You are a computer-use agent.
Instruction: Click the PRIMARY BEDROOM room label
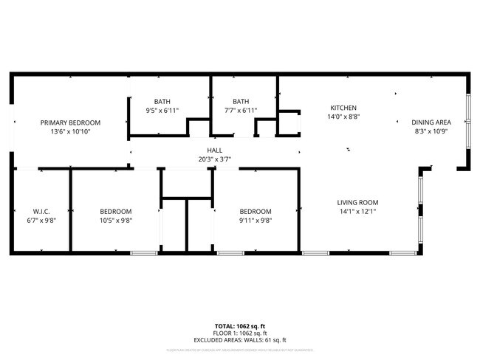point(70,122)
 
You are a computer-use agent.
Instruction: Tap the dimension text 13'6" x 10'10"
point(70,131)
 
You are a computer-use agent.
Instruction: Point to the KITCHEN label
point(343,107)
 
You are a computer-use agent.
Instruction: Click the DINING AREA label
point(431,122)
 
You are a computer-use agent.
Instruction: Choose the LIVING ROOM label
point(357,202)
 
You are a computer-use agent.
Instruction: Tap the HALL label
point(215,150)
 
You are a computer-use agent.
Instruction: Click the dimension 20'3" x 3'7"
point(215,159)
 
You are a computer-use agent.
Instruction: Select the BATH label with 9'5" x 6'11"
point(162,102)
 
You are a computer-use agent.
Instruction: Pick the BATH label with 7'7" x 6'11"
point(241,102)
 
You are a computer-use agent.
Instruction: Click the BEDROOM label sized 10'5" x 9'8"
point(116,211)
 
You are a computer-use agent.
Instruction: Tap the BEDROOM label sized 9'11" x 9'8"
point(255,211)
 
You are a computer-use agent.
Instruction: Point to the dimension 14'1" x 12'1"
point(357,211)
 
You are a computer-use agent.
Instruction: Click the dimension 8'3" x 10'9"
point(431,131)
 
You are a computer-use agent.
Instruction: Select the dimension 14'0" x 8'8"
point(343,116)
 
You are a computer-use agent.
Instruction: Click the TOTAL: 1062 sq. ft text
point(239,325)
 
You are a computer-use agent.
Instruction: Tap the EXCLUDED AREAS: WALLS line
point(239,340)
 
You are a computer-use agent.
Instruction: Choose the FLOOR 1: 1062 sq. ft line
point(239,333)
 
